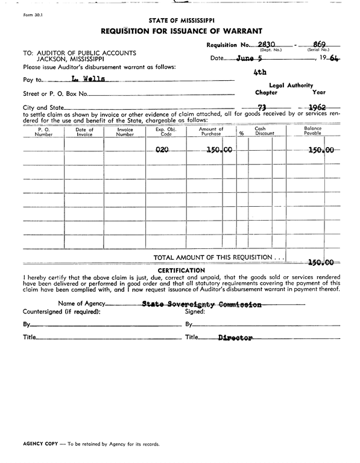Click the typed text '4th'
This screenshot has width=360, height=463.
tap(261, 71)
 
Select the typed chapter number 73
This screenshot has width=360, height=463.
tap(262, 108)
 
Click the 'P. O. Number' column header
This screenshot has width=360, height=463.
tap(43, 131)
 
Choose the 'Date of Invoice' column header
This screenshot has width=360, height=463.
tap(84, 131)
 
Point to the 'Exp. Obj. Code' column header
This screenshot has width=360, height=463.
tap(164, 131)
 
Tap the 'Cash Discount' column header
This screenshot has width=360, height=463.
tap(260, 131)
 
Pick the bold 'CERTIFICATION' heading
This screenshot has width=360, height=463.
tap(181, 270)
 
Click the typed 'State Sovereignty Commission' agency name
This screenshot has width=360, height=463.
tap(201, 304)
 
